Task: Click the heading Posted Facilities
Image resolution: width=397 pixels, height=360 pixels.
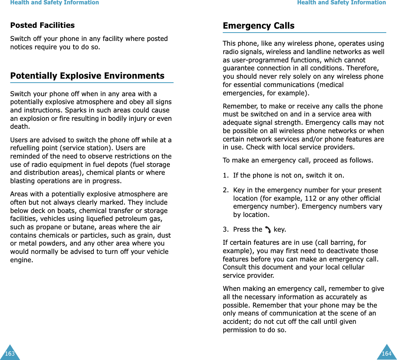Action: (42, 25)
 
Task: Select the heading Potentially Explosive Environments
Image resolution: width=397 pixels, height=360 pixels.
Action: (87, 76)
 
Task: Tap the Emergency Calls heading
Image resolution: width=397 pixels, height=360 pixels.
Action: (259, 26)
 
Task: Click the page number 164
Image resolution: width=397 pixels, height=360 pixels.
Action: (386, 354)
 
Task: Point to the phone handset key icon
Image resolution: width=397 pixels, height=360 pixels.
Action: (268, 230)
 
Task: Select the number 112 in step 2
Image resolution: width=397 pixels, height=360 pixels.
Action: (310, 198)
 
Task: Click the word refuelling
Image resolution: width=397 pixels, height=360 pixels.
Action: (27, 148)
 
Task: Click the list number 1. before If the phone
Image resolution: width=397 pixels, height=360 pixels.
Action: (226, 175)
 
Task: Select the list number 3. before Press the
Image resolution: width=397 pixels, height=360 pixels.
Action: (226, 229)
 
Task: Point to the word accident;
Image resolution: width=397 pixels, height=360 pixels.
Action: (237, 321)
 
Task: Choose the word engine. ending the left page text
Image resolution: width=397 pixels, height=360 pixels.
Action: (21, 260)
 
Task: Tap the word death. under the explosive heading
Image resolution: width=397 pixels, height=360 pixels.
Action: (19, 127)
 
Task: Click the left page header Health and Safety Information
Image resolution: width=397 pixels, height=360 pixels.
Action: (54, 3)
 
